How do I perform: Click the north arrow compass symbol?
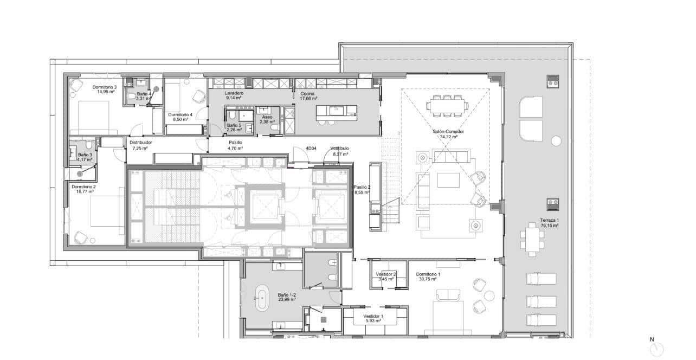pyautogui.click(x=656, y=349)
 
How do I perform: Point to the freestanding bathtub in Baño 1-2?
pyautogui.click(x=261, y=299)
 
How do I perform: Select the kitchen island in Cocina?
pyautogui.click(x=337, y=111)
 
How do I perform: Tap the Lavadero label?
pyautogui.click(x=234, y=93)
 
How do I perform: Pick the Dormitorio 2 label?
pyautogui.click(x=83, y=187)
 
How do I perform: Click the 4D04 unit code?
pyautogui.click(x=311, y=148)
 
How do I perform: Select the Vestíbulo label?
pyautogui.click(x=339, y=148)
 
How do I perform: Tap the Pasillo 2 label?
pyautogui.click(x=362, y=187)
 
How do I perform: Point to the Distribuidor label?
pyautogui.click(x=140, y=143)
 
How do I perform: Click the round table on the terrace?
pyautogui.click(x=556, y=141)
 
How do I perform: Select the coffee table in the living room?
pyautogui.click(x=448, y=179)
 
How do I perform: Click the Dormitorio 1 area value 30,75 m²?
pyautogui.click(x=428, y=279)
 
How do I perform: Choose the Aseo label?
pyautogui.click(x=267, y=117)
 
